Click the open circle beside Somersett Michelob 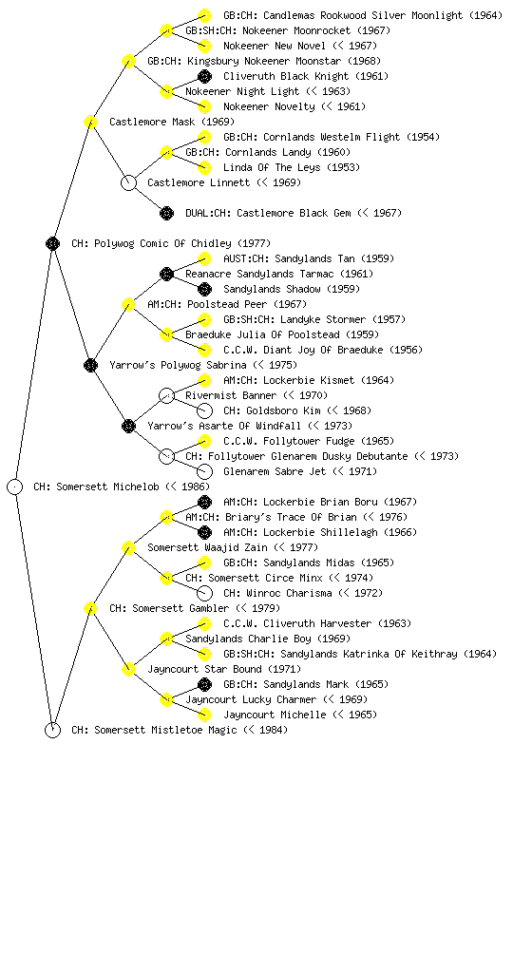point(15,486)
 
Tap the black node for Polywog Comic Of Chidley point(52,243)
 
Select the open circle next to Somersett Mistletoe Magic point(52,730)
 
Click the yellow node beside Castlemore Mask point(90,122)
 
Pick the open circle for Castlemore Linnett point(128,182)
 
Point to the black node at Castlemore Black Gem point(167,213)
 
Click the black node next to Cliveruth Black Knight point(204,76)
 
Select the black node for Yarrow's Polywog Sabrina point(90,365)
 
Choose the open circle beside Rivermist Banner point(167,395)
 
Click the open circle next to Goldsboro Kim point(204,410)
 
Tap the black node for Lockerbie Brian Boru point(204,502)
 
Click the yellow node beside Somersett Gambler point(90,608)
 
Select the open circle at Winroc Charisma point(204,593)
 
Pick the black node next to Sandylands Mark point(204,684)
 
